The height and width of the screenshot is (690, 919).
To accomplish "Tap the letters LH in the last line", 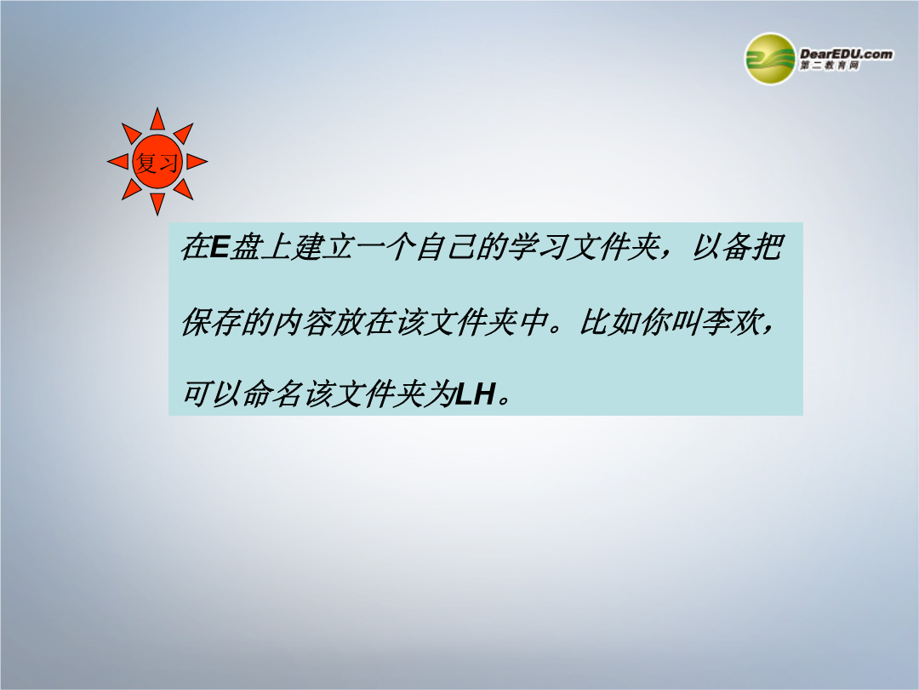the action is coord(476,394).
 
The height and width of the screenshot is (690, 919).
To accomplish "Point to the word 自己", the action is coord(444,247).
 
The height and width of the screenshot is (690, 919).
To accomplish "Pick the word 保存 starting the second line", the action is coord(211,321).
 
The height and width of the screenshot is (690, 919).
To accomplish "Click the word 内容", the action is coord(302,321).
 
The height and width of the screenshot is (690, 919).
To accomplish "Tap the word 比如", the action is coord(608,321).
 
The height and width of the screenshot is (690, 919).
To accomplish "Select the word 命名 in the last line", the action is coord(272,394).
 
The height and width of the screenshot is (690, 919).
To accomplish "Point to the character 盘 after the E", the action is coord(245,247).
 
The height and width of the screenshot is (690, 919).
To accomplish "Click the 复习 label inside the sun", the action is coord(157,162).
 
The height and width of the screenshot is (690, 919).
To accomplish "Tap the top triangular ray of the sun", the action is coord(157,119).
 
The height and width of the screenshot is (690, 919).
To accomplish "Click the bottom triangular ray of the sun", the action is coord(157,204).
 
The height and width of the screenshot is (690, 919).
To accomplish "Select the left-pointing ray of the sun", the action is coord(117,161).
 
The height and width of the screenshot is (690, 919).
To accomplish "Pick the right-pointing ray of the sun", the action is coord(197,161).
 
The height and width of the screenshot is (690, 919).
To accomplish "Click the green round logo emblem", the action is coord(770,59).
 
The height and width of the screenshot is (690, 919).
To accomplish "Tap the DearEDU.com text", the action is coord(846,54).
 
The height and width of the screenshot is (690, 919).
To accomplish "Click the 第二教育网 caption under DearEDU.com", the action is coord(830,66).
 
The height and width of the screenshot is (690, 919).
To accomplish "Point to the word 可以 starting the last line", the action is coord(211,394).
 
